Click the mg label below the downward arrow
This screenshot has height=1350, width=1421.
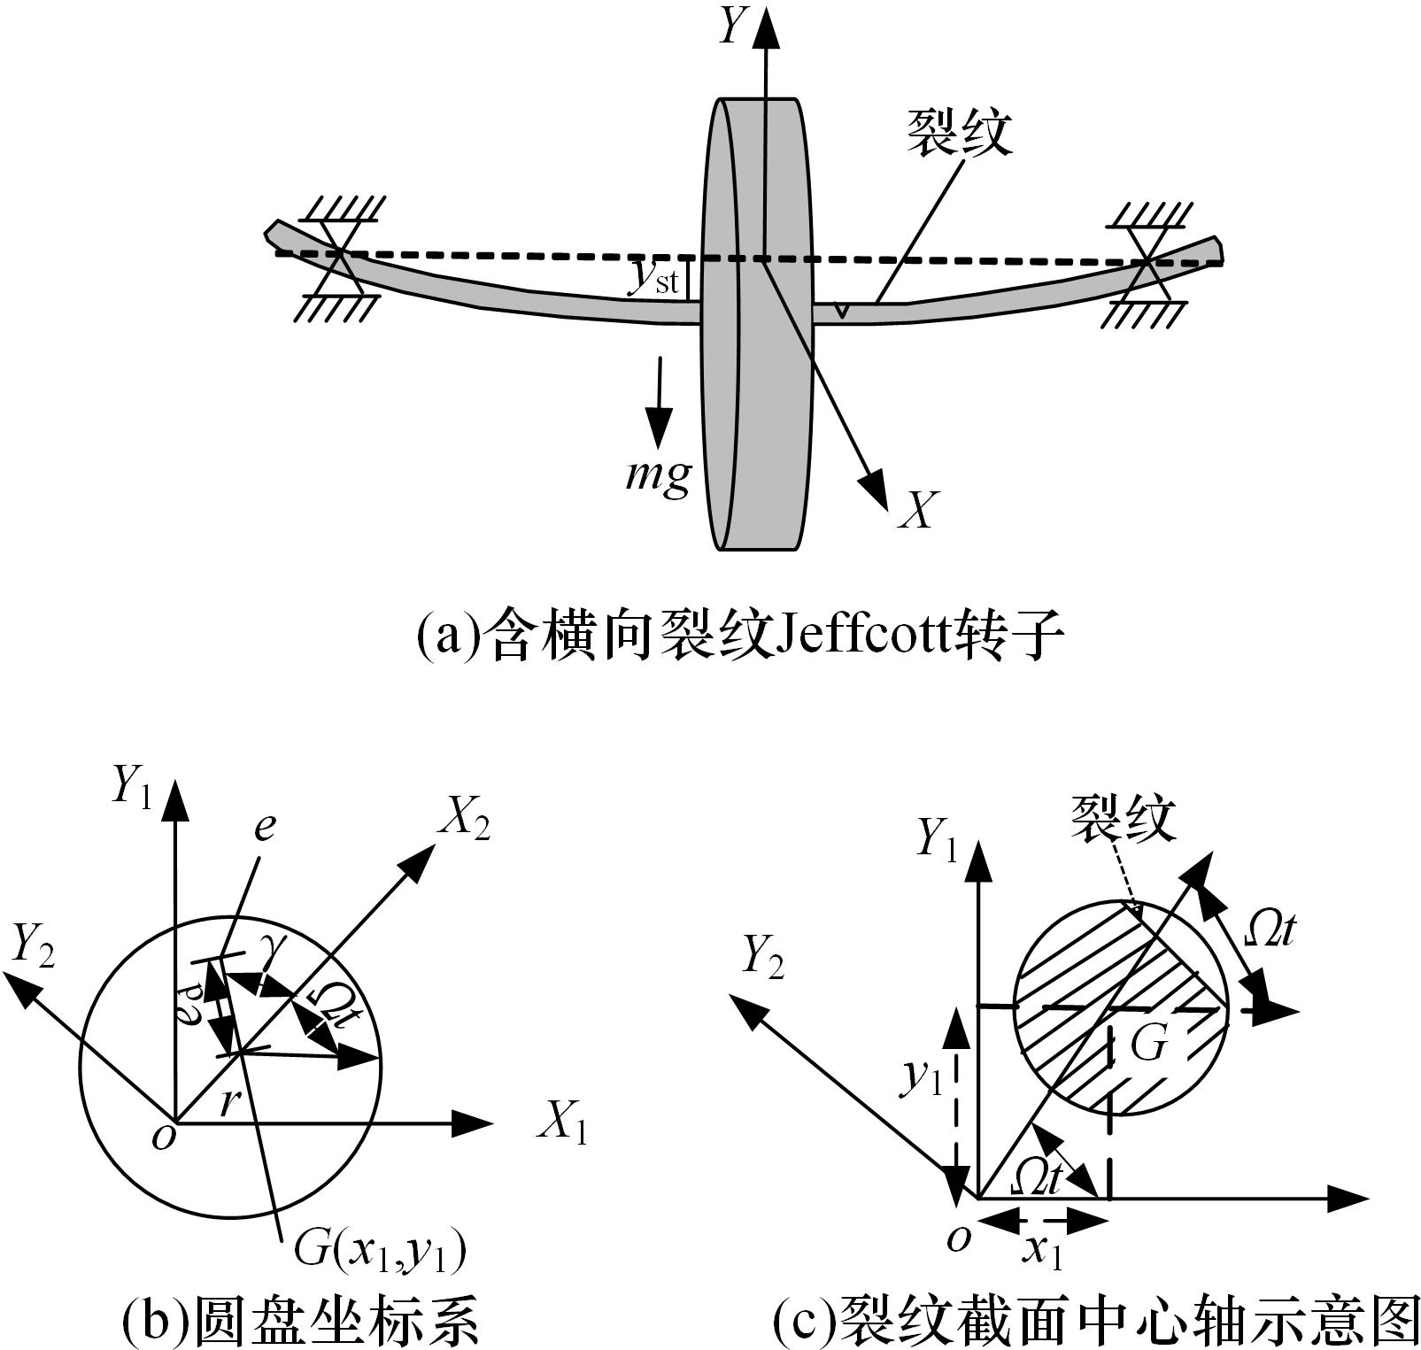point(658,475)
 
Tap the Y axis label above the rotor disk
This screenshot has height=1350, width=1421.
point(732,27)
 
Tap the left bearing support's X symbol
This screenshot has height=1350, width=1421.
point(340,257)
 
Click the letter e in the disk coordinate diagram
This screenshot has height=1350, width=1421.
point(264,826)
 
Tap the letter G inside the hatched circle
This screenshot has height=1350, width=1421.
point(1149,1045)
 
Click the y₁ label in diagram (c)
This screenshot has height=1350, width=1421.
point(921,1076)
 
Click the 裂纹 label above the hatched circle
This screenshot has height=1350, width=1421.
point(1124,819)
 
